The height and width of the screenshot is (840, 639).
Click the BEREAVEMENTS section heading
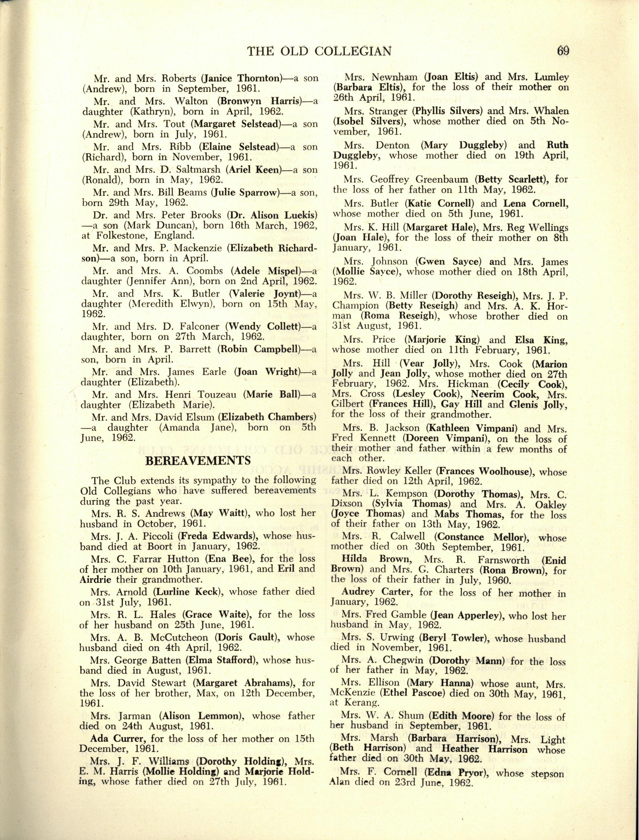(x=198, y=461)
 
